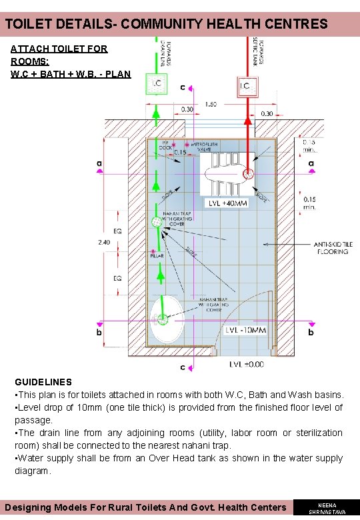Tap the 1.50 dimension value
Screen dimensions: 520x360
click(x=211, y=104)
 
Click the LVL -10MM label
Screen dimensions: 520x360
click(x=245, y=331)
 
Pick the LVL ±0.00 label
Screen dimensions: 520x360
click(x=246, y=364)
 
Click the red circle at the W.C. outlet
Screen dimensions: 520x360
click(x=248, y=175)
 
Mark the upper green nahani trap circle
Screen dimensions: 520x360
click(x=156, y=222)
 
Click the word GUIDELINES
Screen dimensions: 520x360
click(x=43, y=382)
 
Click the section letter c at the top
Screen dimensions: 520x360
click(x=183, y=87)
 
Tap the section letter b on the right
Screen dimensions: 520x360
click(x=310, y=331)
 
